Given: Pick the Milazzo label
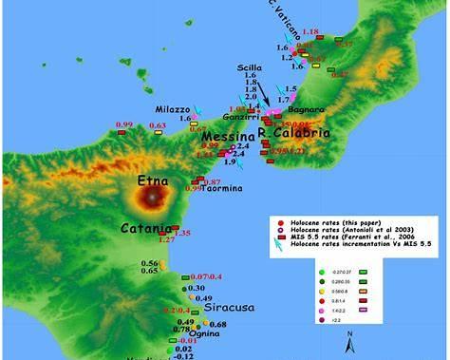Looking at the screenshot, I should coord(174,109).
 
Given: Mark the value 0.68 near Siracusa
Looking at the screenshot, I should coord(217,325).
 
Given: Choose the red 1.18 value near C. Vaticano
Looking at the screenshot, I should coord(309,33).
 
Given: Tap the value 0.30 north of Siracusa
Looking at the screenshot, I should coord(197,288).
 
